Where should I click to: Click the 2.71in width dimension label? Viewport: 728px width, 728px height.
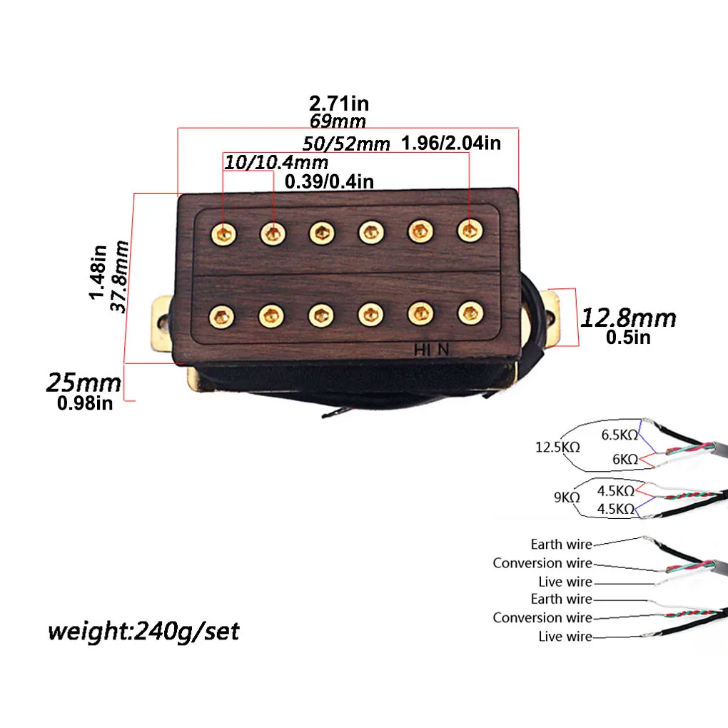339,103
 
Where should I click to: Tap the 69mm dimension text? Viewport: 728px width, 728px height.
338,121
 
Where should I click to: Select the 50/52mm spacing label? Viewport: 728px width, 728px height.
346,143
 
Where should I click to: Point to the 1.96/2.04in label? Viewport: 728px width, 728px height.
451,143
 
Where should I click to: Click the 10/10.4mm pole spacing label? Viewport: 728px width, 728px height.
276,163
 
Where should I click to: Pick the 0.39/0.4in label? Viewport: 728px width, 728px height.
329,181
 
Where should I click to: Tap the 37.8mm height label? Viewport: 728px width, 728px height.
119,276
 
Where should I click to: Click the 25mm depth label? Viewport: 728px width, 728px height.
84,383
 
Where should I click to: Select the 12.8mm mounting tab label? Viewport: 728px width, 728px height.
628,318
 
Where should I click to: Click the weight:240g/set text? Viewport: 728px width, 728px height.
143,632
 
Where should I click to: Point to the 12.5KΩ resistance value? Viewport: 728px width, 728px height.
557,447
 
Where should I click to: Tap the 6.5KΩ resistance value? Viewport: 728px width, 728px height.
620,435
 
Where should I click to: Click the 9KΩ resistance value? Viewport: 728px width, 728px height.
567,497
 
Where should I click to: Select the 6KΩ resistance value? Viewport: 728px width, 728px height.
625,459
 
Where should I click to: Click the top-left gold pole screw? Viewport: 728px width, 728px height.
224,233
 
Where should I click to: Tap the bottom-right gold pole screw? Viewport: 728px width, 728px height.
471,313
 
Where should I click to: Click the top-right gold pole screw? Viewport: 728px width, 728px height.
470,231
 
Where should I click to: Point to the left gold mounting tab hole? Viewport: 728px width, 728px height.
162,322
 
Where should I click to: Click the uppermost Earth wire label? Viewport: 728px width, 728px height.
561,544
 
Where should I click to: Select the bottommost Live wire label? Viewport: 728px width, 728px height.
565,636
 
